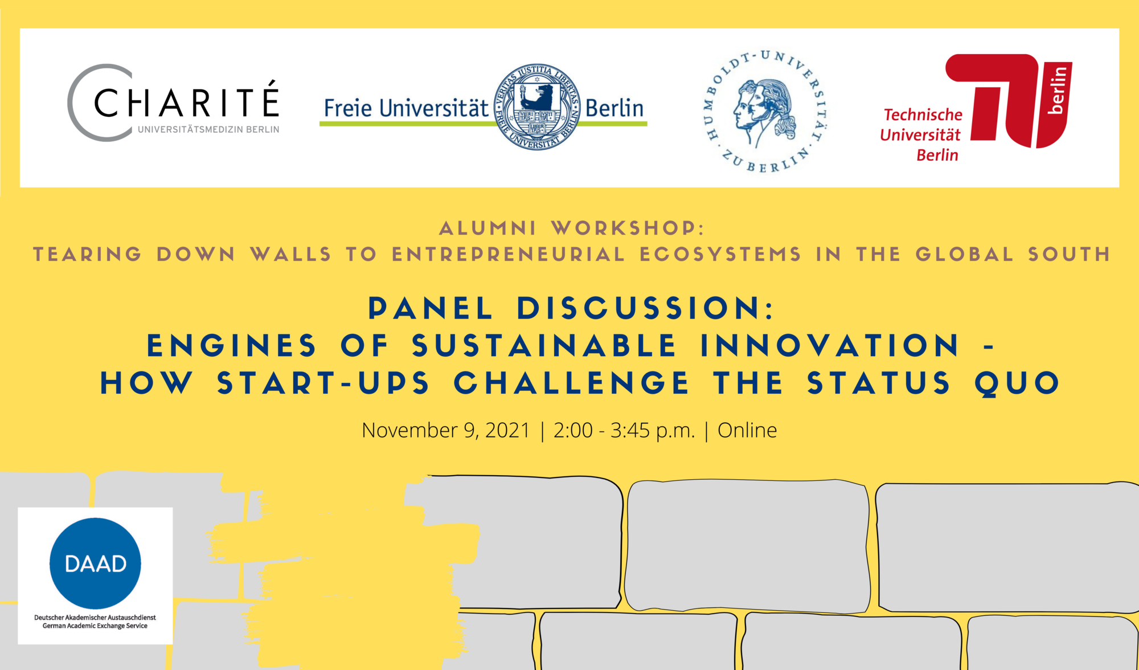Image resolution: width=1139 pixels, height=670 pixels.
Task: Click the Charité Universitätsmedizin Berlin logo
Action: coord(174,104)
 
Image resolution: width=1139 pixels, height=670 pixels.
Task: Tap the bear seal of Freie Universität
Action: coord(537,107)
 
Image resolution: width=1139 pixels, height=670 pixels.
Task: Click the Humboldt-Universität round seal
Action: coord(765,111)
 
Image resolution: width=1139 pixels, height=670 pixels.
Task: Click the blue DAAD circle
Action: coord(95,563)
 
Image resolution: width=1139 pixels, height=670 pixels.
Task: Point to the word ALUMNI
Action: coord(487,228)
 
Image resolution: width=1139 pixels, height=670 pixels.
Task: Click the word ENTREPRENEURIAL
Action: coord(508,254)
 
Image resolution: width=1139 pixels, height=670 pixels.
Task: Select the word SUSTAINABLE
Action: coord(544,346)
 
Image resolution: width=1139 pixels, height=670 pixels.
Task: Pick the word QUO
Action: coord(1017,383)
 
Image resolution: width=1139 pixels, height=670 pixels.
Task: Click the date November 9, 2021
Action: coord(446,430)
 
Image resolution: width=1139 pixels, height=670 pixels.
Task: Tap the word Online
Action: coord(747,430)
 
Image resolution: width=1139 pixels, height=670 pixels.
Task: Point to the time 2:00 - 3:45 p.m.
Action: coord(624,430)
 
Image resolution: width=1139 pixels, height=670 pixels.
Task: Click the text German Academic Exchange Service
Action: coord(95,626)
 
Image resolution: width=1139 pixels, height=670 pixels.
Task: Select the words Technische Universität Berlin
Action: coord(921,135)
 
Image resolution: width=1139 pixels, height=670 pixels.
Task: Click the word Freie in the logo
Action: coord(348,108)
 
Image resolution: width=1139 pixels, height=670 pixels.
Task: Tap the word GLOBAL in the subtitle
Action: coord(965,254)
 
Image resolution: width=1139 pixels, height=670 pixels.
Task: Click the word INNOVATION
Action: coord(830,346)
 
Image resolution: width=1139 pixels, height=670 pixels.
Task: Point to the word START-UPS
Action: coord(323,383)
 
